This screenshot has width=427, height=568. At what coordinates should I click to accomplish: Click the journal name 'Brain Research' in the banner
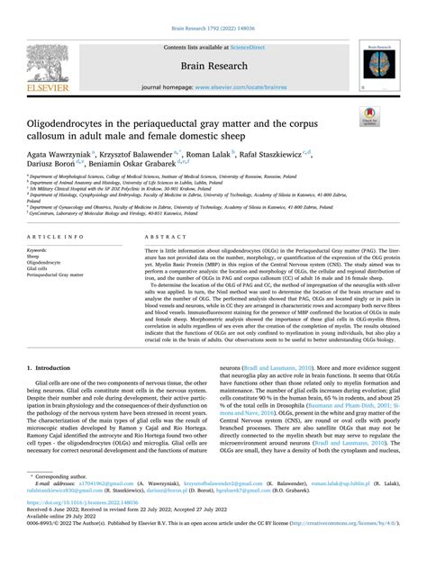coord(213,42)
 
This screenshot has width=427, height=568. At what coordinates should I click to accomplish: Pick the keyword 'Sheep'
coord(37,256)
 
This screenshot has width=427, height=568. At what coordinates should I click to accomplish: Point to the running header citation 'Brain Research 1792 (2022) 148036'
coord(213,6)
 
